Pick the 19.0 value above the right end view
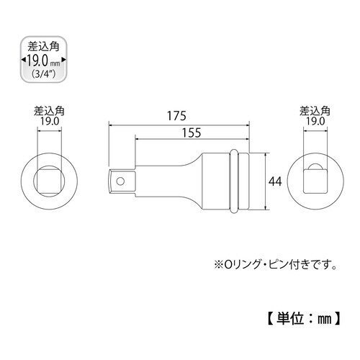pyautogui.click(x=314, y=122)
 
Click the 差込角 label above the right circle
pyautogui.click(x=314, y=111)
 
